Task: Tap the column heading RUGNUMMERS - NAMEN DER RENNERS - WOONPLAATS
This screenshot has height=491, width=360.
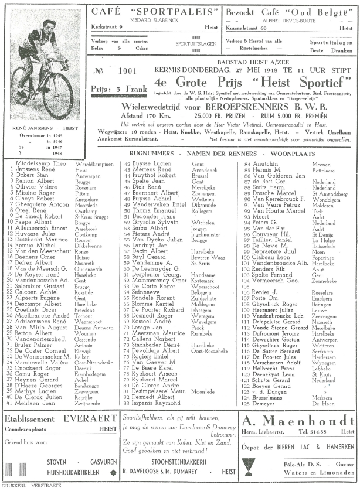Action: [220, 152]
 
